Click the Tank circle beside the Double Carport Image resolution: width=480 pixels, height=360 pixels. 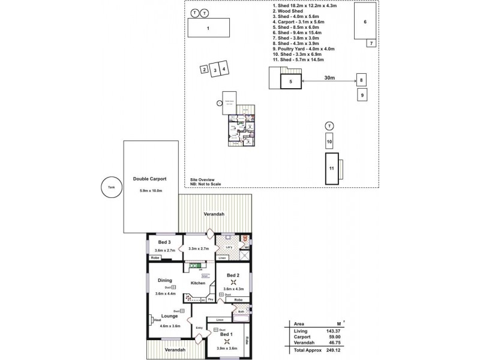[x=110, y=187]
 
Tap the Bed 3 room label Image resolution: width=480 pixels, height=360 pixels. [x=157, y=242]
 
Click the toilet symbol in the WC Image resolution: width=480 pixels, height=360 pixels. [x=245, y=238]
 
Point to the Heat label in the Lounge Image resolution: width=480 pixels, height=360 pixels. [x=157, y=320]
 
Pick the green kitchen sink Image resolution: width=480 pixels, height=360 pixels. [x=194, y=265]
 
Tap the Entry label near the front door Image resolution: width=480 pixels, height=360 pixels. [x=199, y=327]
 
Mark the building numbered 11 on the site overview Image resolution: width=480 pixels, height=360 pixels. [x=331, y=167]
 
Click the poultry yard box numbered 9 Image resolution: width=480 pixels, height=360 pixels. [x=361, y=94]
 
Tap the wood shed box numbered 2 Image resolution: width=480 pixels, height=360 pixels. [x=205, y=70]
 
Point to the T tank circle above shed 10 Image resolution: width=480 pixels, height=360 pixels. [x=329, y=126]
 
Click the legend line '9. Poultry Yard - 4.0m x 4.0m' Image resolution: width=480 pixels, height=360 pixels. [x=303, y=48]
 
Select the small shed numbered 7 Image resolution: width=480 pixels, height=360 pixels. [x=371, y=44]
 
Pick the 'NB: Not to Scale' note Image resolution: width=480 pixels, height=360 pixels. [x=206, y=184]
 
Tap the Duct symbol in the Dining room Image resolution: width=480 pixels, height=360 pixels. [x=174, y=286]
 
